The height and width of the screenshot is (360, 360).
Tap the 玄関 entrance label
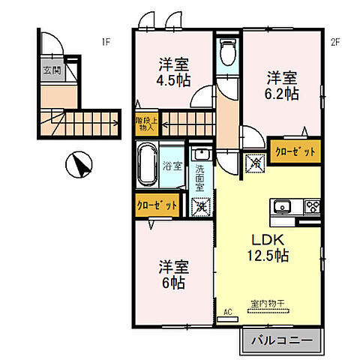51,71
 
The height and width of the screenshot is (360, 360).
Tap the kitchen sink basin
283,207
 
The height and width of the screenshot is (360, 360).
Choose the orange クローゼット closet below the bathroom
157,204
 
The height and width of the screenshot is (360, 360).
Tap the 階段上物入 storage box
145,124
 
